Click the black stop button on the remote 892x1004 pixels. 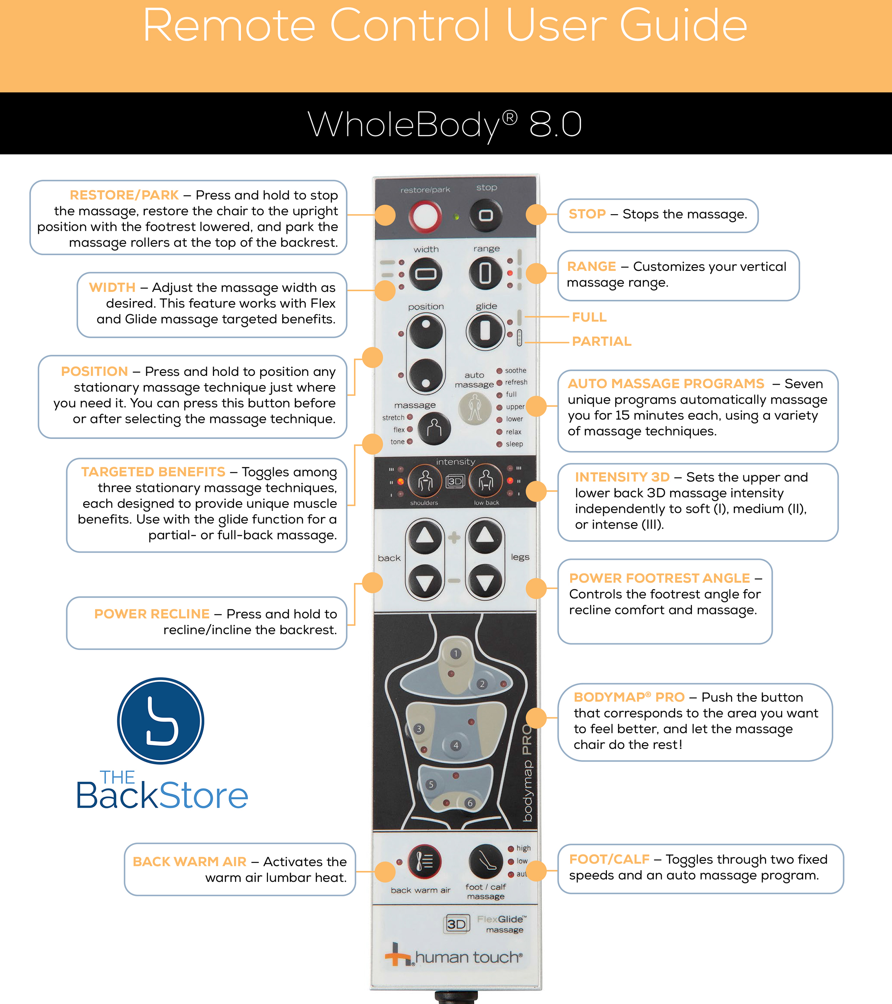tap(486, 215)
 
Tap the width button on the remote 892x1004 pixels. tap(426, 274)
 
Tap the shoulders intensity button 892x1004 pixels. tap(425, 481)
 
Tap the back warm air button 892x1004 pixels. tap(425, 862)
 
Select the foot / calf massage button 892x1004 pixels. tap(486, 862)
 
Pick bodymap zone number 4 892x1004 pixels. tap(456, 746)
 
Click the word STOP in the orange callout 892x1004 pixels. tap(587, 214)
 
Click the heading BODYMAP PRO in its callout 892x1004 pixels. tap(629, 697)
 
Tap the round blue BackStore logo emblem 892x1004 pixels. tap(161, 721)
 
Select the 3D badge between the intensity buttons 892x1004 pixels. tap(455, 481)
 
